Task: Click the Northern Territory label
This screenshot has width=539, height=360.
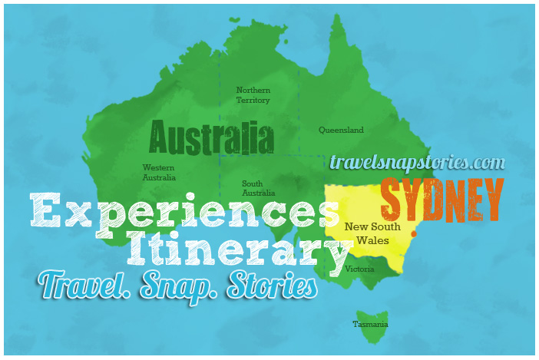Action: coord(253,95)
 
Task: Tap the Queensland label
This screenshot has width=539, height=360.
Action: coord(341,130)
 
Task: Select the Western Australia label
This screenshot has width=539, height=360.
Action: coord(159,173)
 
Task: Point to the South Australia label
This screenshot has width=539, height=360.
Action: coord(258,188)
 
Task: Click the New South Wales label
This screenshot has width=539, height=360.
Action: coord(372,233)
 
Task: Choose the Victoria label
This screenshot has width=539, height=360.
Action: coord(359,269)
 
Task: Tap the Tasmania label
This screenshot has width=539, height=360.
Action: coord(370,324)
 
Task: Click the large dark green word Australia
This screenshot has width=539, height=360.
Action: coord(211,139)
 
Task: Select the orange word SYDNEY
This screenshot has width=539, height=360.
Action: coord(442,199)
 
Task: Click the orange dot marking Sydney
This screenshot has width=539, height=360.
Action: coord(413,233)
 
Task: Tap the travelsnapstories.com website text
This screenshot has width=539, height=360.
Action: coord(417,163)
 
